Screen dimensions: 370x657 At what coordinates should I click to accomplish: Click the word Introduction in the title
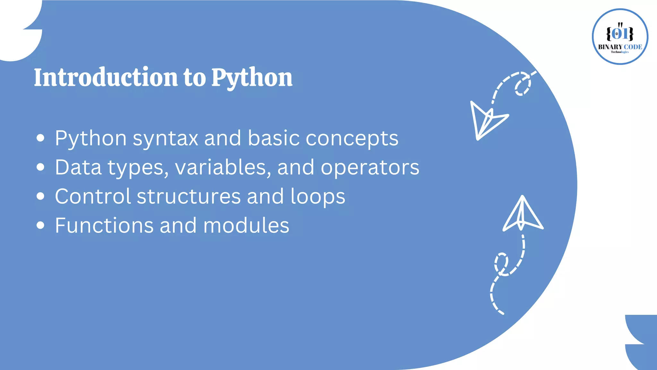tap(106, 77)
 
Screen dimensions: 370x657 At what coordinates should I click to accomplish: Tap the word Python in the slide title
tap(252, 78)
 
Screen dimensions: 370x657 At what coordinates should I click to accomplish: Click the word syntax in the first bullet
tap(166, 138)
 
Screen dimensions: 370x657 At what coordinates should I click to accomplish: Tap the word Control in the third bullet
tap(93, 196)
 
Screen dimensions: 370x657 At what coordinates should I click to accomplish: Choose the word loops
tap(318, 197)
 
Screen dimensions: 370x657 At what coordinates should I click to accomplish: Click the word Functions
tap(104, 225)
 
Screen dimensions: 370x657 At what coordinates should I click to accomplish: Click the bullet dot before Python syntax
tap(40, 138)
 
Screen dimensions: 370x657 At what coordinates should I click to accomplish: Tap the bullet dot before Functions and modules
tap(40, 225)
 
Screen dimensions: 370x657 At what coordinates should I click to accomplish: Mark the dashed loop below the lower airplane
tap(501, 264)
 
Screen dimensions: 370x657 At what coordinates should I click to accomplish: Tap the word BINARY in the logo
tap(610, 47)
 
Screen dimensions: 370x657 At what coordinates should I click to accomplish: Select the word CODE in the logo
tap(633, 47)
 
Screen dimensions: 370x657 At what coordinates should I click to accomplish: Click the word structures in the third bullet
tap(189, 196)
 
